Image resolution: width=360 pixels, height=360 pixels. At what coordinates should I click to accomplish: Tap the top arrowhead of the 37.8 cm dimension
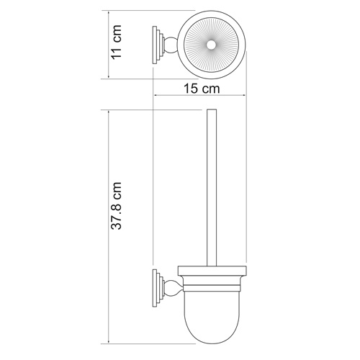pos(107,114)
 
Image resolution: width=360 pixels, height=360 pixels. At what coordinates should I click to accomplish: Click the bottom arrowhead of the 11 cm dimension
pos(107,76)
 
